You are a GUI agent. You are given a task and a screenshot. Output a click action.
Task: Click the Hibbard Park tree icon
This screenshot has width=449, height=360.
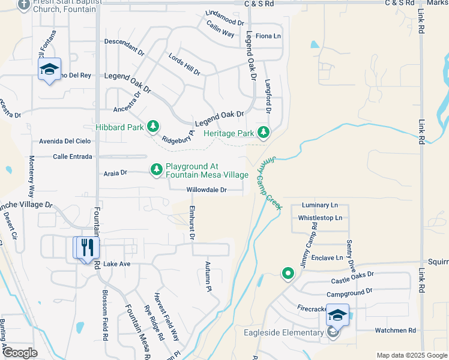click(154, 126)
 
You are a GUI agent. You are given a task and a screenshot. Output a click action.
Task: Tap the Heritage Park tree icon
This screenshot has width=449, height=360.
click(263, 133)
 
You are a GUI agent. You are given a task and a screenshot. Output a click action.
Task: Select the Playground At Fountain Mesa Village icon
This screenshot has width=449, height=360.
click(157, 170)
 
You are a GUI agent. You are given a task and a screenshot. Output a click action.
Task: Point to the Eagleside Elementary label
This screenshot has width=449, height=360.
click(284, 333)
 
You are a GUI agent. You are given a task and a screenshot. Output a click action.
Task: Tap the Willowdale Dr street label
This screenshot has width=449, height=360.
click(206, 190)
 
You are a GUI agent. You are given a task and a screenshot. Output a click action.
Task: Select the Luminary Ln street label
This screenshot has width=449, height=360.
click(320, 205)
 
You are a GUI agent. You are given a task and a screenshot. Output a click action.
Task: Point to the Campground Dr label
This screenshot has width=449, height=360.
click(349, 294)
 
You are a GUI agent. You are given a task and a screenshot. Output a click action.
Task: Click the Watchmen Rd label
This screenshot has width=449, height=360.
click(395, 330)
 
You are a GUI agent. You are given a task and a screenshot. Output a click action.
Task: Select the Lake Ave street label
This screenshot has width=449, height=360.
click(116, 264)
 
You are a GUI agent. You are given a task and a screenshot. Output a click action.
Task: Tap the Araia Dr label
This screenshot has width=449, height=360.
click(115, 173)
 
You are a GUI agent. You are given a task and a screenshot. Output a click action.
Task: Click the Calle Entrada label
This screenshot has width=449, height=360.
click(73, 157)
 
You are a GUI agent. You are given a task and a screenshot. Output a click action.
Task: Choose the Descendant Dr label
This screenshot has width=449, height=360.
click(125, 47)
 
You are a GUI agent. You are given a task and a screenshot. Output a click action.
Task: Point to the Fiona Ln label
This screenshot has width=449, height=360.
click(268, 36)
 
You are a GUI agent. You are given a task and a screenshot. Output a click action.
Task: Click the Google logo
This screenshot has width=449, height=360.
click(20, 353)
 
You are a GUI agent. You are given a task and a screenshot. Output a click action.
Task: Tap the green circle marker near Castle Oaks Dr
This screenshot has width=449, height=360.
click(288, 274)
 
